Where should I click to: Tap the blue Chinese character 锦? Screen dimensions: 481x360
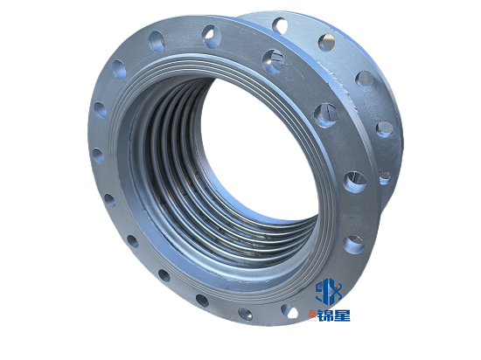(x=325, y=315)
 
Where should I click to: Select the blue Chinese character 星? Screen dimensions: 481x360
(x=342, y=315)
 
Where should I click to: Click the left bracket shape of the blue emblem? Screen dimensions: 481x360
(x=319, y=290)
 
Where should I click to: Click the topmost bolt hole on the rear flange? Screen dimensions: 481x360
(x=280, y=25)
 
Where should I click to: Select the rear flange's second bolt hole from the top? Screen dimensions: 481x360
(x=326, y=43)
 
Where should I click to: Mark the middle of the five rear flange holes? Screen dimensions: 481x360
(x=365, y=80)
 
